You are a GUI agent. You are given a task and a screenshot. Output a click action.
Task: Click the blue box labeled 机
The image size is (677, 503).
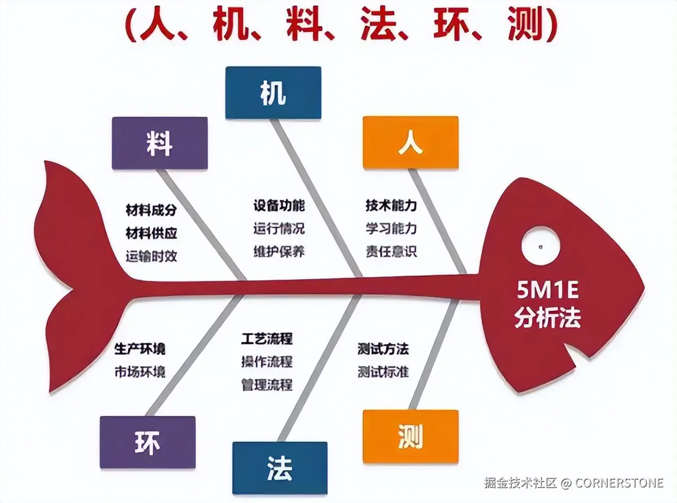[273, 93]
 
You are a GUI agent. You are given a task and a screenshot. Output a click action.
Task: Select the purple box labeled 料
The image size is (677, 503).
[160, 144]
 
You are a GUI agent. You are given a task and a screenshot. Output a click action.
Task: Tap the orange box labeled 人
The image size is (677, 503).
[410, 143]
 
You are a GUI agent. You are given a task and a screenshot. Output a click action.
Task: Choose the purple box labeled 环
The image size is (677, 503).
[148, 442]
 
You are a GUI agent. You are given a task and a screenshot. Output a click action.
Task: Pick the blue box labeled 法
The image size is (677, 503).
[279, 468]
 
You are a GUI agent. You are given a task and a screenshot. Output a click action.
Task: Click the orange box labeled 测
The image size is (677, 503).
[410, 437]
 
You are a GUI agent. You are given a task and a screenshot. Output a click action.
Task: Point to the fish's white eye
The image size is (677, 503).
[540, 247]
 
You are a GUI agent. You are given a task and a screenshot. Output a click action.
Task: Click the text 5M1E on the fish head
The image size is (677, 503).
[548, 291]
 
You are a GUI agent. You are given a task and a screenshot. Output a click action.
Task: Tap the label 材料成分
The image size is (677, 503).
[151, 210]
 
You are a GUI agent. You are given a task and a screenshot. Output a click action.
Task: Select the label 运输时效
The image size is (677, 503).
[151, 256]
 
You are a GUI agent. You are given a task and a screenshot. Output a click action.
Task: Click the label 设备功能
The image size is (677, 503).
[279, 206]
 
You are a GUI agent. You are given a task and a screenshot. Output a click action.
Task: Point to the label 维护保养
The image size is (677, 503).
[279, 251]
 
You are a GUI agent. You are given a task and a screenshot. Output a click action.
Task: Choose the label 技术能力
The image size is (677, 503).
[391, 206]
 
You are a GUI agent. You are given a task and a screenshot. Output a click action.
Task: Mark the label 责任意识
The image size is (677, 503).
[391, 251]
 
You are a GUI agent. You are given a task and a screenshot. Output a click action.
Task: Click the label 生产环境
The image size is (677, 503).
[140, 349]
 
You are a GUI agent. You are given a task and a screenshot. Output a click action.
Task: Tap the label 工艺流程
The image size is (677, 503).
[267, 338]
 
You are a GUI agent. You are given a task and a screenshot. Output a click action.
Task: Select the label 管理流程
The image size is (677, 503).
[267, 384]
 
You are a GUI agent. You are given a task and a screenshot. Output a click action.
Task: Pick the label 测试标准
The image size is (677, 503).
[383, 372]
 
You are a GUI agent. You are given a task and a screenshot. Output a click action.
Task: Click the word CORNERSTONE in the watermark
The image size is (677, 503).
[619, 483]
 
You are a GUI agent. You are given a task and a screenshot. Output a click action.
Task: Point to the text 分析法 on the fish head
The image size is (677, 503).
[548, 317]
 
